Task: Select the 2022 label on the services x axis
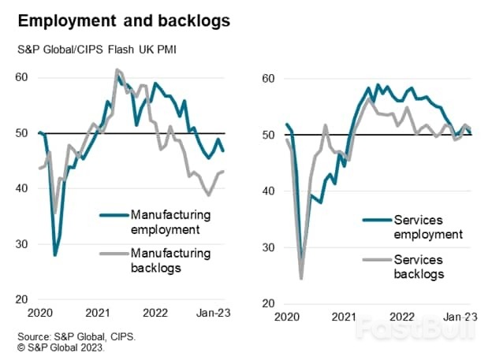[402, 317]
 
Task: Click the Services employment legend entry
[410, 227]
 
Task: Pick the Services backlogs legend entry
[410, 266]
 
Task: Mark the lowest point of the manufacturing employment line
[55, 255]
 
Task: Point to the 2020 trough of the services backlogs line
[301, 278]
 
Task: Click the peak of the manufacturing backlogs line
[117, 70]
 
